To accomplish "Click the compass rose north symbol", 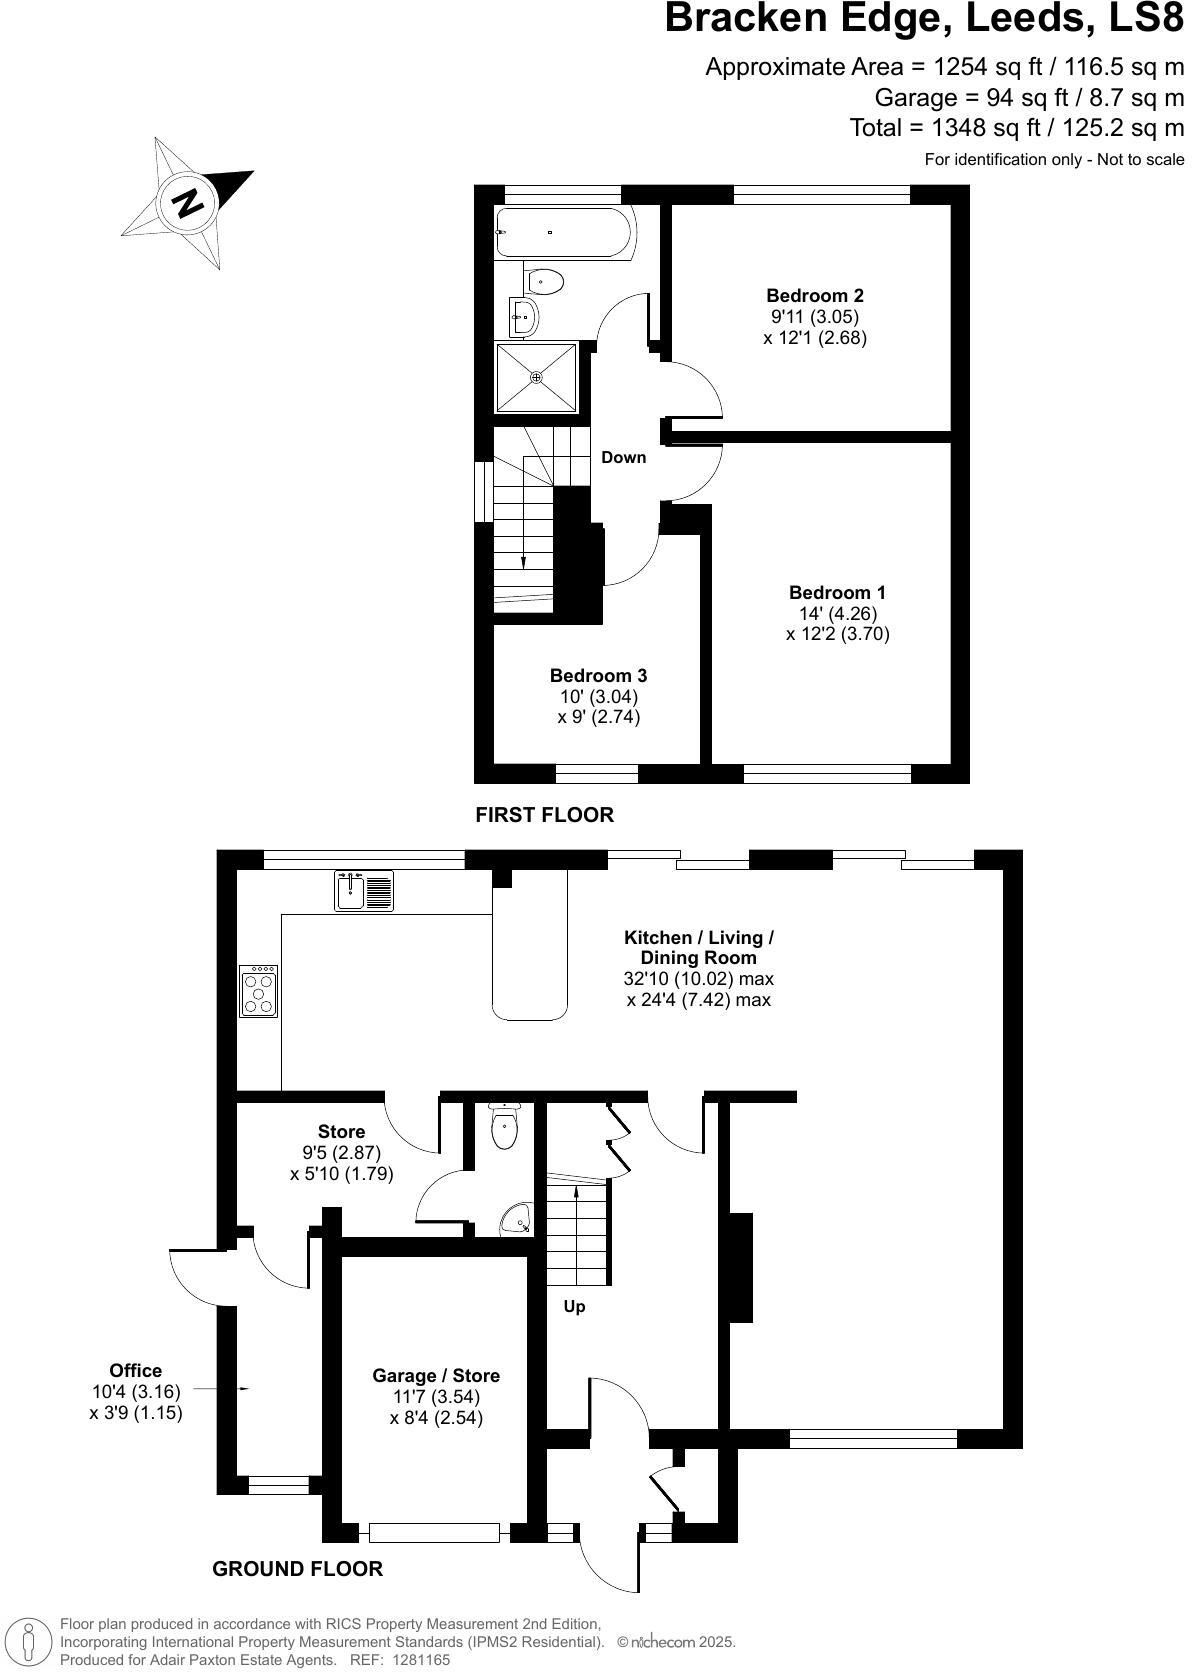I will coord(187,204).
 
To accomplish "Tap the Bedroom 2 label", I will coord(814,296).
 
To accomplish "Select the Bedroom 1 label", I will coord(837,593).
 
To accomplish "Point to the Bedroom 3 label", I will coord(598,676).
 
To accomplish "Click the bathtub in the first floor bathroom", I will coord(563,233).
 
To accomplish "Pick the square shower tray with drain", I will coord(537,377).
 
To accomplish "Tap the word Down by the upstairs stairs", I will coord(623,457).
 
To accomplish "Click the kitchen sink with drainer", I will coord(365,890).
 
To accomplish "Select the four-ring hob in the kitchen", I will coord(259,991).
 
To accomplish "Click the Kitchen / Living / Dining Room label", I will coord(699,947).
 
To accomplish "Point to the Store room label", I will coord(341,1132).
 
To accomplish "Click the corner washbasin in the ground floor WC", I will coord(518,1220).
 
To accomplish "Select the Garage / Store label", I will coord(436,1376).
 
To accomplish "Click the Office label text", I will coord(136,1371).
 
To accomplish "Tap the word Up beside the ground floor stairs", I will coord(574,1306).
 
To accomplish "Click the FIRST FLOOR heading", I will coord(544,815).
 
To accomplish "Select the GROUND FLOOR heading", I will coord(297,1569).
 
